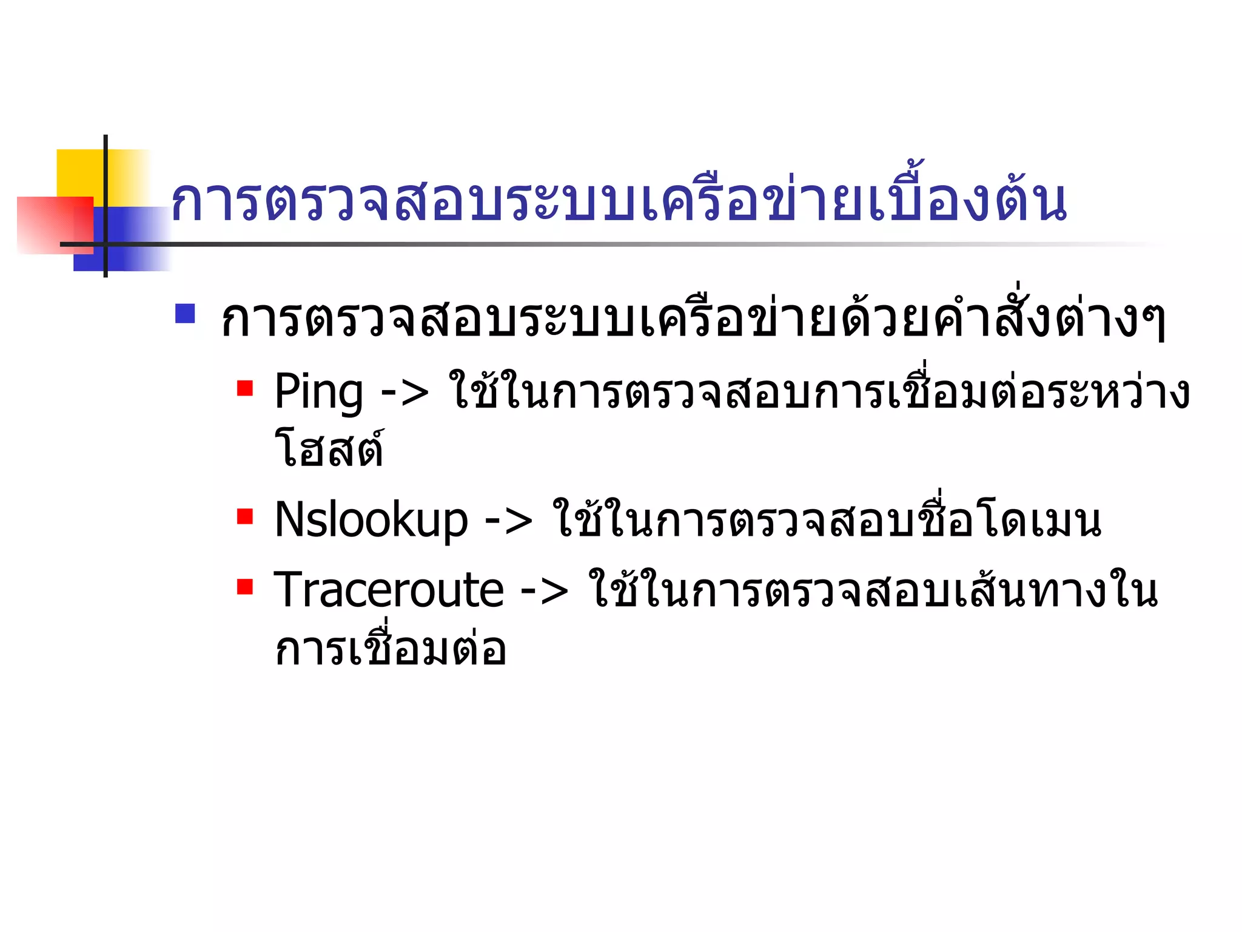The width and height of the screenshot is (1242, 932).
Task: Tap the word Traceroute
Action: pos(388,590)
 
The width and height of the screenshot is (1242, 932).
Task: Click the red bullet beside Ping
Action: pos(245,388)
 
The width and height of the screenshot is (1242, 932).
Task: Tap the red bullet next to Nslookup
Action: pos(245,516)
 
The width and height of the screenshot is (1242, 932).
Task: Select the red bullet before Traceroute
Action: pos(245,586)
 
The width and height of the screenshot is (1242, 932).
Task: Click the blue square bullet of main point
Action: pos(185,313)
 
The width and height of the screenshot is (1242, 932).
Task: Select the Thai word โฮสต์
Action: pos(329,449)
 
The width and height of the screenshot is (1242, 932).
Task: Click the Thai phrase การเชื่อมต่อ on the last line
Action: pos(390,648)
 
